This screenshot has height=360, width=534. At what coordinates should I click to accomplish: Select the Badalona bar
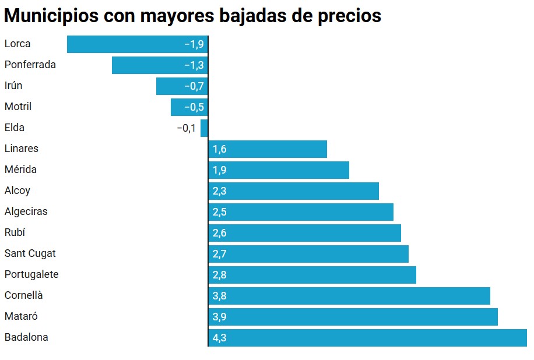[367, 338]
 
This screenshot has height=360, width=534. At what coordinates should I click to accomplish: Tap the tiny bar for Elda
[204, 128]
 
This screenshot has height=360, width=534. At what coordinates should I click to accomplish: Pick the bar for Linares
[268, 149]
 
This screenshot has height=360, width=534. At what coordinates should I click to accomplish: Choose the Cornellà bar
[349, 296]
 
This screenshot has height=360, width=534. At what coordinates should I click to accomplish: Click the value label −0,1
[186, 128]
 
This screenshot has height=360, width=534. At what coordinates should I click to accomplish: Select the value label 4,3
[220, 338]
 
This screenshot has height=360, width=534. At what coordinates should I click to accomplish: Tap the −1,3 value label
[194, 65]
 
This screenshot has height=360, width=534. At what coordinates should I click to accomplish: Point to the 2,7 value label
[220, 254]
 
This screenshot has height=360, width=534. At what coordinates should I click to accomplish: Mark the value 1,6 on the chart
[220, 149]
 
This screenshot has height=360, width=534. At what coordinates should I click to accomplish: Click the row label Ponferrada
[30, 65]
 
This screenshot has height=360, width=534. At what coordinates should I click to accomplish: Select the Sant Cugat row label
[30, 253]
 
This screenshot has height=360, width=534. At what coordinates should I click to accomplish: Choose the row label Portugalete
[31, 274]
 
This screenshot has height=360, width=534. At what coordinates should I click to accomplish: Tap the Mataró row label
[22, 316]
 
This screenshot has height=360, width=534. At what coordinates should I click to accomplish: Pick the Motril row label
[18, 107]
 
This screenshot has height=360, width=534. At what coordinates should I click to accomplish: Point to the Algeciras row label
[26, 211]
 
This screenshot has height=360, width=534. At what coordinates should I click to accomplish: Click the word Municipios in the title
[51, 16]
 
